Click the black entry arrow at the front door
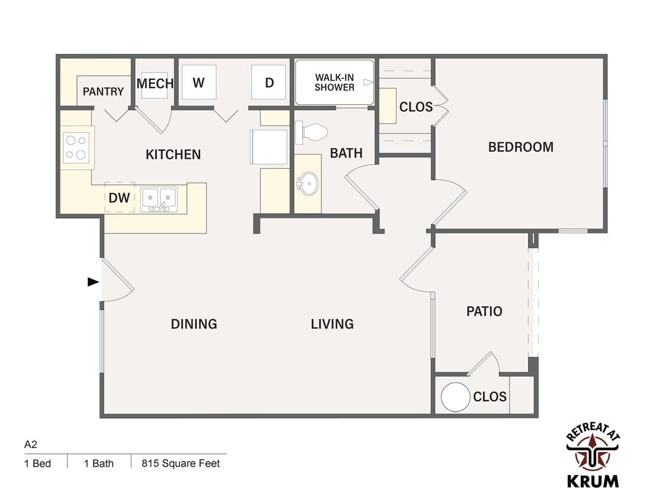coord(94,282)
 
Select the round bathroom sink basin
coord(308,183)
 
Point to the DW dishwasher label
coord(119,198)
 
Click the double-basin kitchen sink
coord(159,200)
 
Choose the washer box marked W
coord(198,82)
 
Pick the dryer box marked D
coord(269,82)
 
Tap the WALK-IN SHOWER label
coord(334,82)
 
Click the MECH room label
coord(154,84)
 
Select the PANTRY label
coord(103,91)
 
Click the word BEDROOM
coord(521,147)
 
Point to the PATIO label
coord(484,311)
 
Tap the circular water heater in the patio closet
coord(456,397)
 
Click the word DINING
coord(194,323)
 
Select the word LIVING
coord(332,323)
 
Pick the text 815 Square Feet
coord(181,463)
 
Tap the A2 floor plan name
coord(31,444)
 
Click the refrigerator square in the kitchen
coord(269,146)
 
